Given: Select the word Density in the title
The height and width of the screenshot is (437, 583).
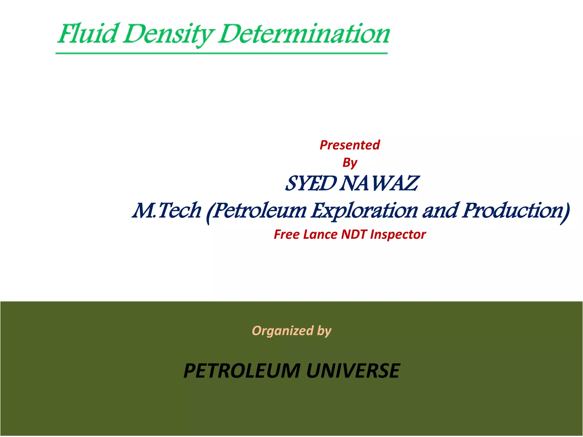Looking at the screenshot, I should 168,35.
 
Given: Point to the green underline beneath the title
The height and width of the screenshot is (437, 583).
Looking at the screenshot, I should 221,53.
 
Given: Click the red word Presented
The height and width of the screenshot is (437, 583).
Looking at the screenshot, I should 350,145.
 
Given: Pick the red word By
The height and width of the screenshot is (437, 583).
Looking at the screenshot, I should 350,163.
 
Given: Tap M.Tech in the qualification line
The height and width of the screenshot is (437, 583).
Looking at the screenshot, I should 167,211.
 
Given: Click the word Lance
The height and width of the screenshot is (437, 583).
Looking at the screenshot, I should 320,235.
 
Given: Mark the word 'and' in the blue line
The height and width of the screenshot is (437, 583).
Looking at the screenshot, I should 441,211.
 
